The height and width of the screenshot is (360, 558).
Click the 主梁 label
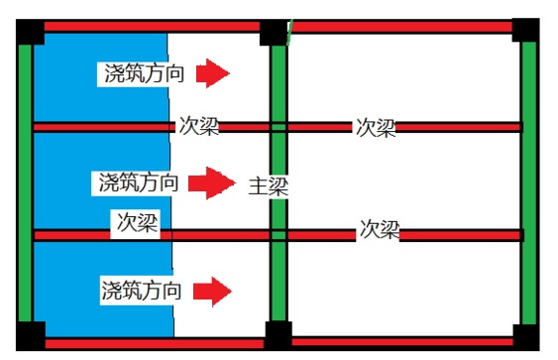[x=267, y=185]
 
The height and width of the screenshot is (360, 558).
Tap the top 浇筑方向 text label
[x=141, y=73]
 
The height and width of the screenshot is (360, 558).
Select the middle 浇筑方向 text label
[x=139, y=182]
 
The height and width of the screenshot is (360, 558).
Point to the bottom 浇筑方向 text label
[x=141, y=291]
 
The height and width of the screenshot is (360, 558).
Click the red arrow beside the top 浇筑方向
[x=213, y=73]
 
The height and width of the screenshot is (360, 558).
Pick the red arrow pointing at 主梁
[x=211, y=182]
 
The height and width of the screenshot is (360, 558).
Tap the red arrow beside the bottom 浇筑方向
[x=213, y=291]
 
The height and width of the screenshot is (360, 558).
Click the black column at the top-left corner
[x=30, y=31]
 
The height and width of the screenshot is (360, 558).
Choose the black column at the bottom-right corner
[x=525, y=336]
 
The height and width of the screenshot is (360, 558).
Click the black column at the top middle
[x=274, y=31]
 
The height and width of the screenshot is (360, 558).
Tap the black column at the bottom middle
[x=278, y=335]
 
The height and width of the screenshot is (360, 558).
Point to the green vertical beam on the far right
[x=528, y=183]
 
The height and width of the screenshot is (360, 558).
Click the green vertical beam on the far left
[x=25, y=183]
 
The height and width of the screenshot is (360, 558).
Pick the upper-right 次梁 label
[x=376, y=127]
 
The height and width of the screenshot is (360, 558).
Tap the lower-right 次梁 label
[x=379, y=229]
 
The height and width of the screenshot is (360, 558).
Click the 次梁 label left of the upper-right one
[x=199, y=126]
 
